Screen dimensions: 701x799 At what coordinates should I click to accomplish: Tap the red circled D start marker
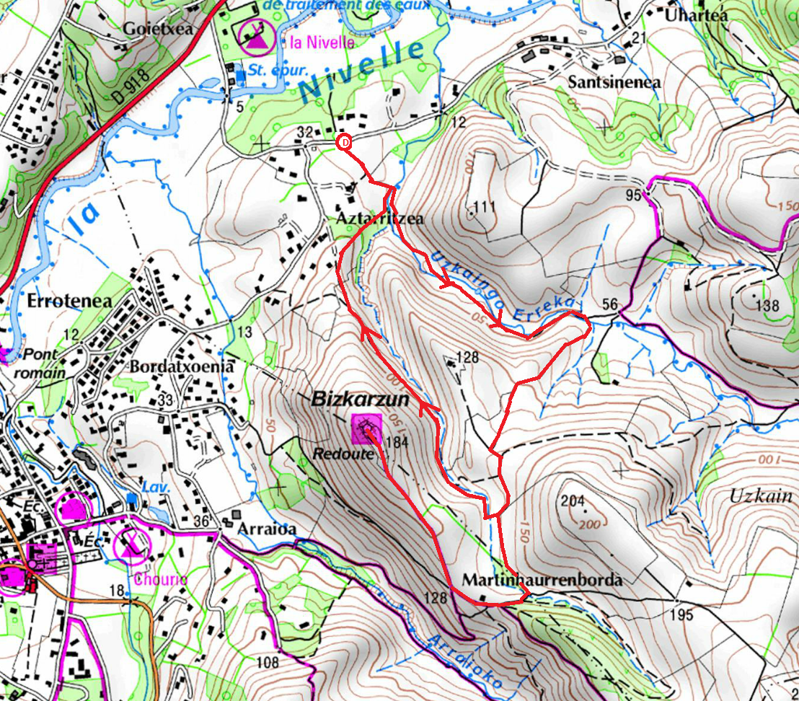point(345,143)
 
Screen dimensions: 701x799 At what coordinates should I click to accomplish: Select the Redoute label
point(334,454)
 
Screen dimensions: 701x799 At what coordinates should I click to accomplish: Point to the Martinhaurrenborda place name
point(542,579)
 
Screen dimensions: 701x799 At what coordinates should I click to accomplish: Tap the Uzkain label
point(760,496)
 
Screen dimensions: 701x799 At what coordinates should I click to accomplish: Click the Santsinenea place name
point(614,82)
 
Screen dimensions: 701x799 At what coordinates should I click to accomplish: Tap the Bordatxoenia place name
point(182,366)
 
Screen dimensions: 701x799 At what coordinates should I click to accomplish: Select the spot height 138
point(767,305)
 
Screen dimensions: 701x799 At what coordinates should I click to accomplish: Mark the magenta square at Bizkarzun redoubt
point(367,430)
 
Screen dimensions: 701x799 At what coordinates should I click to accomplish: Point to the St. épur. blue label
point(268,70)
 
